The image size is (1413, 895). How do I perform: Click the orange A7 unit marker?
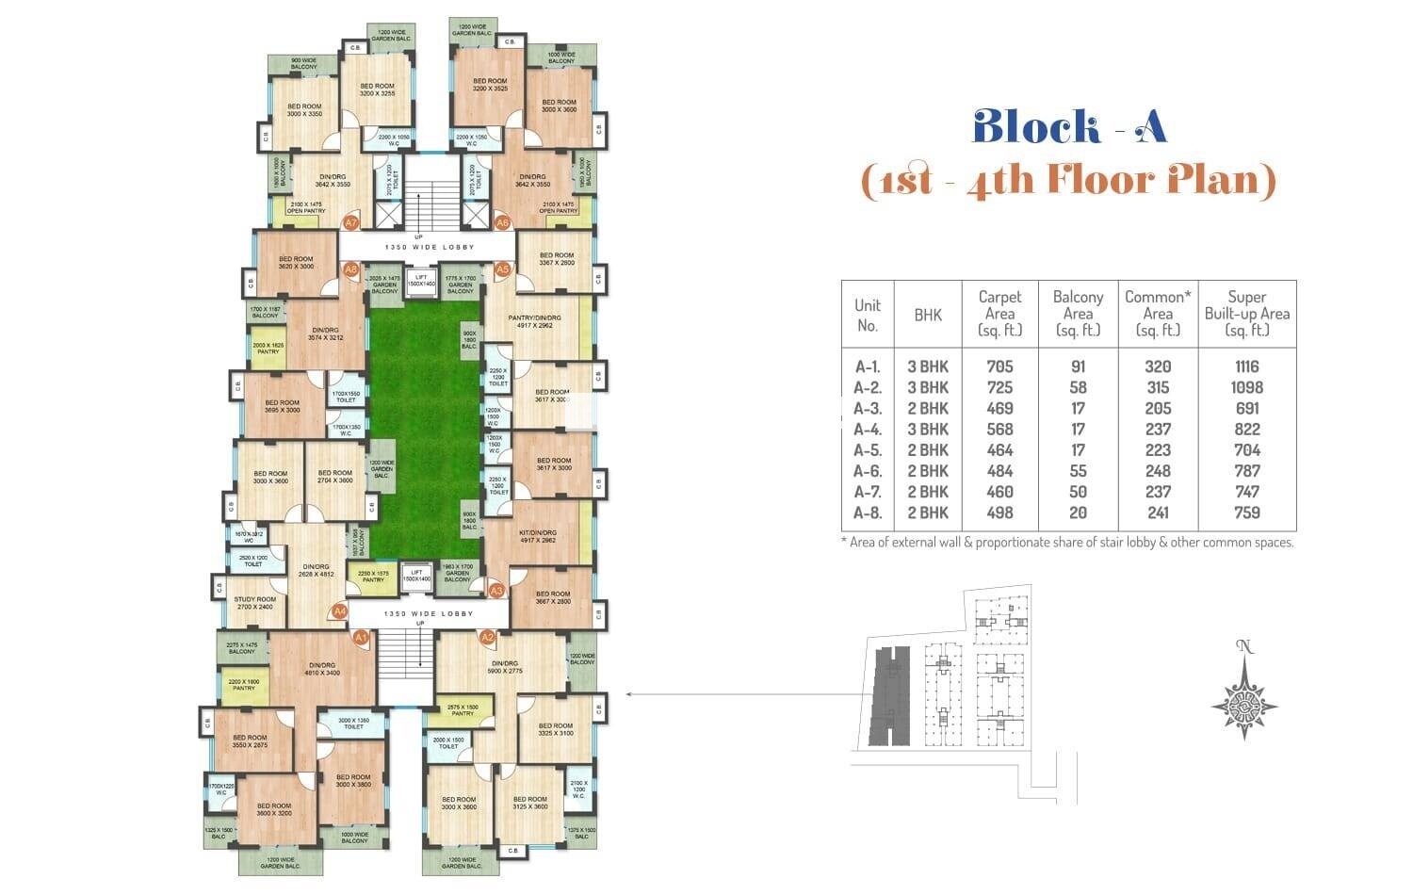pyautogui.click(x=350, y=223)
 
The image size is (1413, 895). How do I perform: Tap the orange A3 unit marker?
pyautogui.click(x=497, y=591)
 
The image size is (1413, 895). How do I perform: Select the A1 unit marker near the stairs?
pyautogui.click(x=359, y=638)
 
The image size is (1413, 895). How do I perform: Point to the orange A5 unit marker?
pyautogui.click(x=502, y=269)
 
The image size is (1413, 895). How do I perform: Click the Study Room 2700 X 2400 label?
pyautogui.click(x=254, y=603)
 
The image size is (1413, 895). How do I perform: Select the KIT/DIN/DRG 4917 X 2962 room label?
pyautogui.click(x=537, y=536)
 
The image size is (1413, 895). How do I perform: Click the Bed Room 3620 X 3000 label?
pyautogui.click(x=295, y=263)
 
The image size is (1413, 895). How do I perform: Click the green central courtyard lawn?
pyautogui.click(x=424, y=424)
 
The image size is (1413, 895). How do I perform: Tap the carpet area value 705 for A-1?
pyautogui.click(x=999, y=366)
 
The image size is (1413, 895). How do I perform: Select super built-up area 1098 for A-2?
pyautogui.click(x=1246, y=387)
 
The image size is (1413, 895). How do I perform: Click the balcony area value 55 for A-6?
pyautogui.click(x=1078, y=471)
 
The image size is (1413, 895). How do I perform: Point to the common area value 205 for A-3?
pyautogui.click(x=1158, y=408)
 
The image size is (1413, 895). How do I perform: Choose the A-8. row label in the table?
pyautogui.click(x=867, y=513)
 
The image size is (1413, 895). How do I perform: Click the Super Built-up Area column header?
pyautogui.click(x=1246, y=313)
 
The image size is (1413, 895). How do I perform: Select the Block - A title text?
pyautogui.click(x=1069, y=127)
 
